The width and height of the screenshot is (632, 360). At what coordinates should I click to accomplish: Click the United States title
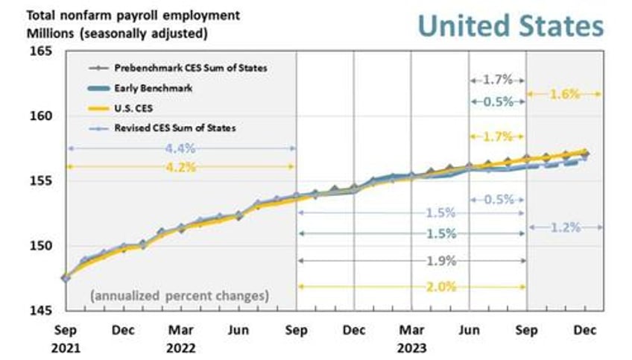(x=510, y=25)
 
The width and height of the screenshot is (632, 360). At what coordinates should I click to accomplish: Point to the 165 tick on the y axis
(x=42, y=51)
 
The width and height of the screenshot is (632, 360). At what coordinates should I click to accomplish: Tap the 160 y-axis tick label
(x=42, y=116)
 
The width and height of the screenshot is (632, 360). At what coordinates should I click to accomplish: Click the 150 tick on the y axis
(x=42, y=246)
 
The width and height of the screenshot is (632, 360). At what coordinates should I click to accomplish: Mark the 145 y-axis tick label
(x=42, y=310)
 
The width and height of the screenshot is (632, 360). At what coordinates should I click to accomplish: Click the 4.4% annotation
(x=181, y=149)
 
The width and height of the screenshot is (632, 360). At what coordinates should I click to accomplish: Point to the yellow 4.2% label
(x=181, y=167)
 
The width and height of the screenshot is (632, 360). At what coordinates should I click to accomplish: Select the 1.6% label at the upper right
(x=564, y=94)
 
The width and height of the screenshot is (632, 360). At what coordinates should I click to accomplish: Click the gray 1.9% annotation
(x=440, y=261)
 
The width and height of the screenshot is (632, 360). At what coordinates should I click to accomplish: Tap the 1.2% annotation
(x=564, y=227)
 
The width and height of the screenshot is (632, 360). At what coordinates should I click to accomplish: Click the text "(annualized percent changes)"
(x=179, y=296)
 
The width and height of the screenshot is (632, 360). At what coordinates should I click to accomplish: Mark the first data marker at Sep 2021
(x=66, y=278)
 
